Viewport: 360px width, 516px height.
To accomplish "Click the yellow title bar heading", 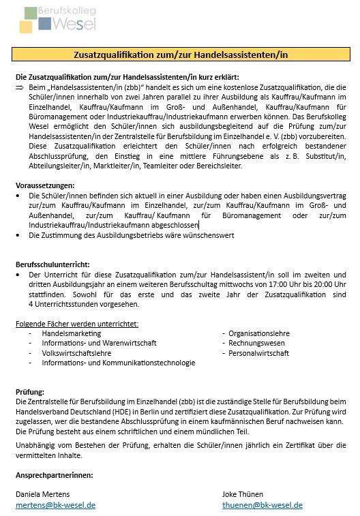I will (x=181, y=55).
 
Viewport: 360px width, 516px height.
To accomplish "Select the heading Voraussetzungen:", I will (x=45, y=185).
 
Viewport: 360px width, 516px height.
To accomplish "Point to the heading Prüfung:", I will (x=30, y=392).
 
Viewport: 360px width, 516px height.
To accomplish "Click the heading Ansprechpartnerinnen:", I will (x=55, y=474).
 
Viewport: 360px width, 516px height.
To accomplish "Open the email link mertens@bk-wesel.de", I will (x=55, y=505).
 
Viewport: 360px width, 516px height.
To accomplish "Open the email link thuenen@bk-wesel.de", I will (x=262, y=505).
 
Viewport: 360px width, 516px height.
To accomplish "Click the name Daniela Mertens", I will (x=42, y=494).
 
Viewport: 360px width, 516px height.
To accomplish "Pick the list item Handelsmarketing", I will (x=71, y=333).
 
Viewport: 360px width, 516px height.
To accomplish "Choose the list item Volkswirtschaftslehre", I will (x=76, y=353).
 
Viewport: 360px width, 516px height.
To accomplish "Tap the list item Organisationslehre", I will (x=259, y=333).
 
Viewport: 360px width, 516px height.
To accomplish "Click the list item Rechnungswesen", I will (x=256, y=343).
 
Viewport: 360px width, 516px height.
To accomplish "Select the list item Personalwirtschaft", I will (x=258, y=353).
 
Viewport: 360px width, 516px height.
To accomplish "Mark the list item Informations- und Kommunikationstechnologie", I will (x=118, y=363).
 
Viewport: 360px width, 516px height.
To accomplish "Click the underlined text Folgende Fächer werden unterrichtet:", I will (x=77, y=323).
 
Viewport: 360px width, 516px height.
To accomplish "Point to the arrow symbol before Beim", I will (x=19, y=88).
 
